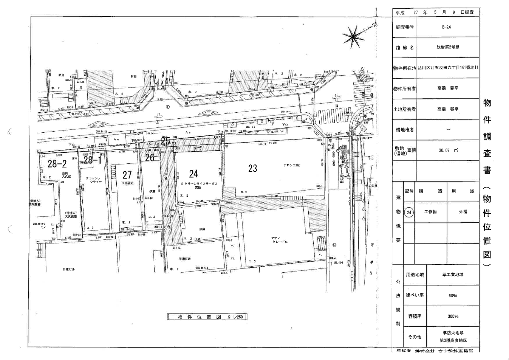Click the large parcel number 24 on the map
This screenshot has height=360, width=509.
[x=193, y=174]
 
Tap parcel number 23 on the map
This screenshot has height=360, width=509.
[x=252, y=168]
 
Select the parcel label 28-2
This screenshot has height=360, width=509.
[x=57, y=164]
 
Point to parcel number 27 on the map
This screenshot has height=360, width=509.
[x=127, y=175]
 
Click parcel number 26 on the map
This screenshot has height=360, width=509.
[x=150, y=158]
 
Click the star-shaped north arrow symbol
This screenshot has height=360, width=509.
[x=354, y=36]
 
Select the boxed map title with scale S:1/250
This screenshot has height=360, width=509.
[x=207, y=317]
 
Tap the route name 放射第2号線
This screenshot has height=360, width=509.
[x=448, y=47]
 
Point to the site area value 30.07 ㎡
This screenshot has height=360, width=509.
[x=448, y=150]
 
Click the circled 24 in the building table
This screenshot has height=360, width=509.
[x=409, y=212]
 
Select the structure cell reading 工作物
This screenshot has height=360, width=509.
[x=430, y=212]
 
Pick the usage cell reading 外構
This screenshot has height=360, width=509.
[x=463, y=212]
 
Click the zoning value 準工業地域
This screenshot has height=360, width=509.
[x=453, y=275]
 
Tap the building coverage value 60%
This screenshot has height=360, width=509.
[x=453, y=296]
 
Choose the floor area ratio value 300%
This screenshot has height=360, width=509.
[x=453, y=316]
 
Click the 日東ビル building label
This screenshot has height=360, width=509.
[x=69, y=269]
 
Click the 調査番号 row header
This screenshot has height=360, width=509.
[x=404, y=27]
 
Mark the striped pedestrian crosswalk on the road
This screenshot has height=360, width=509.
[x=333, y=115]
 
